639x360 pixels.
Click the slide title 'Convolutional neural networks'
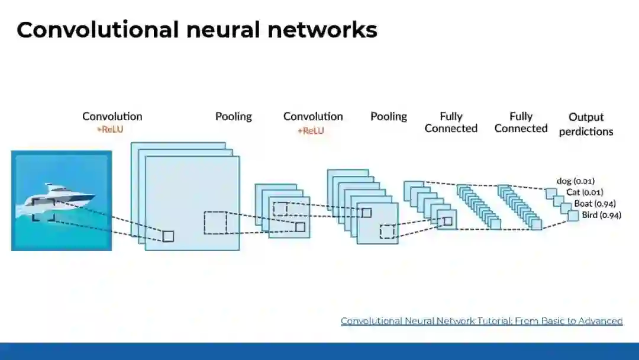tap(196, 30)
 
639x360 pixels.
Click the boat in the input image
tap(59, 197)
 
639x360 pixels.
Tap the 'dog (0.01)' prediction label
tap(575, 181)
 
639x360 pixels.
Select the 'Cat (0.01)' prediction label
tap(584, 192)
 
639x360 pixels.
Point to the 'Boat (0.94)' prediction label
tap(595, 204)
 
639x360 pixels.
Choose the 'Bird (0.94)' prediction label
tap(601, 216)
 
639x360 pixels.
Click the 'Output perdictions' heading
tap(586, 124)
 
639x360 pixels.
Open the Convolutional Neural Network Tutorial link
tap(482, 321)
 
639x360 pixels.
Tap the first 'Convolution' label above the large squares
tap(112, 116)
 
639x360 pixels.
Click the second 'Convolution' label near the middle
tap(313, 116)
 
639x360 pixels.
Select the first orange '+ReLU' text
tap(110, 130)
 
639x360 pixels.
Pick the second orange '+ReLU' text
tap(311, 130)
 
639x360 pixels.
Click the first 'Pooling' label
tap(233, 116)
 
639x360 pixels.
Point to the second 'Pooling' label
tap(389, 116)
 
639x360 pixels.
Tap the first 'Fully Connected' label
tap(451, 122)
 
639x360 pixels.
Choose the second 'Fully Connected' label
tap(521, 122)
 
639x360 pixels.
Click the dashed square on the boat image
tap(43, 210)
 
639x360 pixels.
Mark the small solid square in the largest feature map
tap(168, 236)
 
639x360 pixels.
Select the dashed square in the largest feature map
tap(215, 223)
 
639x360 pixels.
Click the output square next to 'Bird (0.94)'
tap(573, 216)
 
